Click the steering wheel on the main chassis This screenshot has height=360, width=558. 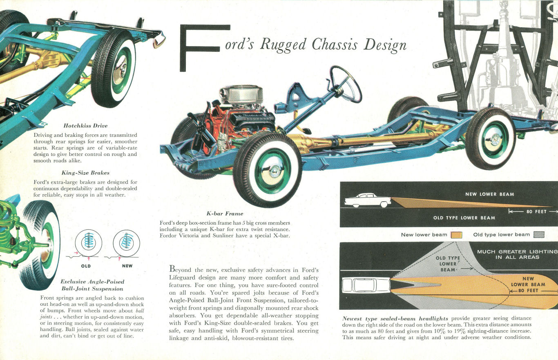click(x=346, y=84)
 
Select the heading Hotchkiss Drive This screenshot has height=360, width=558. click(x=85, y=126)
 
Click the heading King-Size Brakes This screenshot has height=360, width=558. click(x=85, y=173)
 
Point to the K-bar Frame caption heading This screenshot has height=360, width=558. click(x=225, y=213)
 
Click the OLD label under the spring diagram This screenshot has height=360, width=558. click(x=86, y=266)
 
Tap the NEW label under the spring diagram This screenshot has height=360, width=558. click(x=127, y=266)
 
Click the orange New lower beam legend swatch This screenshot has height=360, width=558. click(x=456, y=235)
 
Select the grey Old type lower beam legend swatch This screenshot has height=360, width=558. click(x=539, y=235)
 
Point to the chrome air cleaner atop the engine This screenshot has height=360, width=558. click(x=241, y=94)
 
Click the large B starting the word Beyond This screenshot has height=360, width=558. click(x=172, y=269)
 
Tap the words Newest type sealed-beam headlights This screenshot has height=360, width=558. click(x=395, y=318)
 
